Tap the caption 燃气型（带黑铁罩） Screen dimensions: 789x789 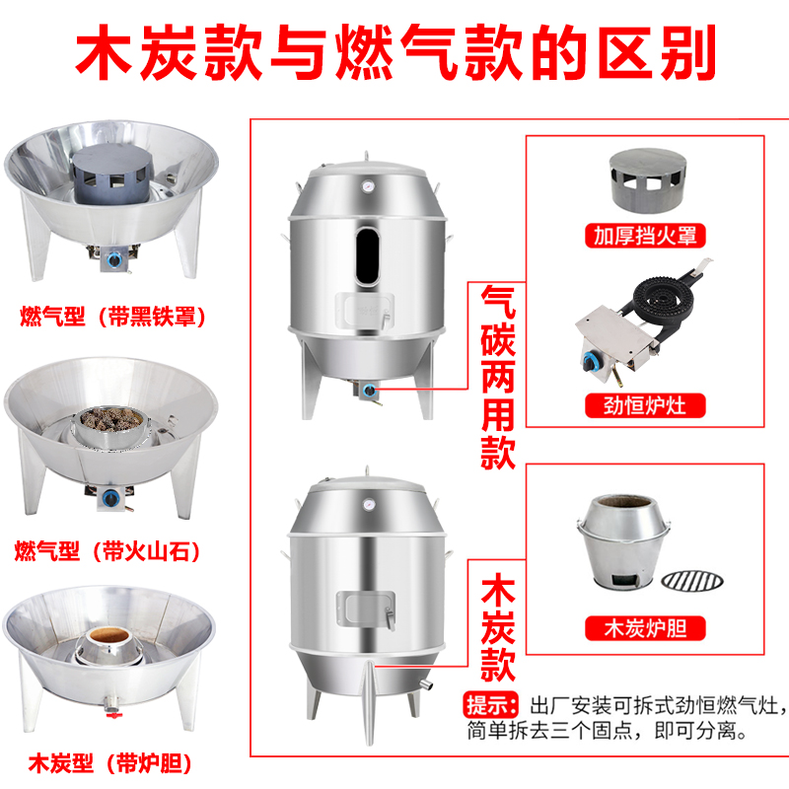(117, 317)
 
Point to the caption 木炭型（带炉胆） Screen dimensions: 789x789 (109, 762)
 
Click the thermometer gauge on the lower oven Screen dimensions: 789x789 (366, 502)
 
